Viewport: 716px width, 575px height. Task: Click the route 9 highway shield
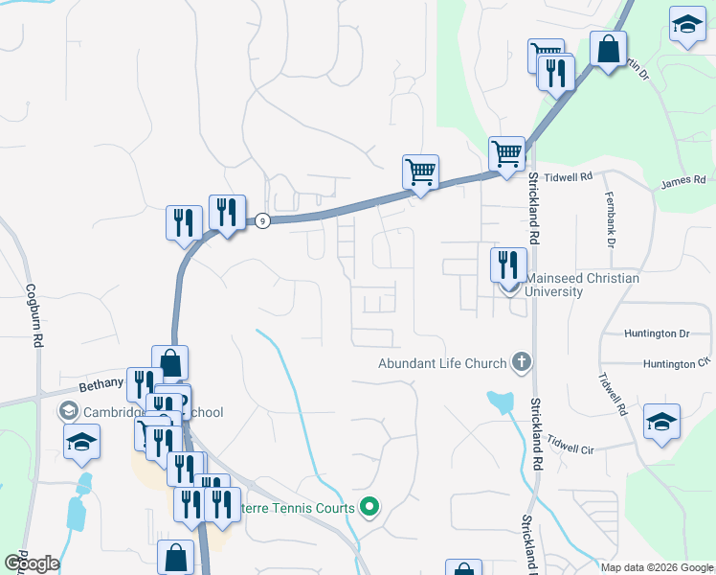point(261,220)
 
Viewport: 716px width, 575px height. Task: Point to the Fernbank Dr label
point(609,218)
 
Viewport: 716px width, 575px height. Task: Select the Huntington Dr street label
point(657,333)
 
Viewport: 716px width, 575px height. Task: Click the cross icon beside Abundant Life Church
point(521,362)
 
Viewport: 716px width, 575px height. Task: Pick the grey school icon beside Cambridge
point(68,412)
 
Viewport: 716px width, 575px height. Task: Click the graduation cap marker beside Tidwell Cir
point(661,423)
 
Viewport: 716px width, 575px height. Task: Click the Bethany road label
point(101,383)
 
